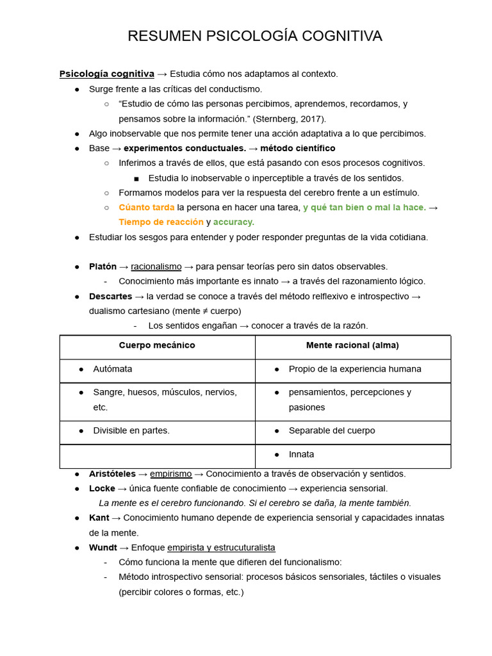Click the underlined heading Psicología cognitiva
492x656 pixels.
pyautogui.click(x=107, y=74)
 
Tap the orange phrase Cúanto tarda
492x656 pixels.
pyautogui.click(x=147, y=207)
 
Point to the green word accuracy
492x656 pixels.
pyautogui.click(x=234, y=222)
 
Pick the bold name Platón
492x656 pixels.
pyautogui.click(x=102, y=266)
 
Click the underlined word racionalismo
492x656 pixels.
pyautogui.click(x=156, y=266)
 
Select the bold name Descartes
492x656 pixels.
pyautogui.click(x=111, y=296)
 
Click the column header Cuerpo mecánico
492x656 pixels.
pyautogui.click(x=157, y=345)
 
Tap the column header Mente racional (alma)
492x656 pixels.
pyautogui.click(x=352, y=345)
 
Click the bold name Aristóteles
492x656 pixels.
pyautogui.click(x=112, y=473)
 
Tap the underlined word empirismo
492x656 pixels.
pyautogui.click(x=171, y=473)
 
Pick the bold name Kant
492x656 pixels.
pyautogui.click(x=99, y=518)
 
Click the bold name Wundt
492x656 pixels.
pyautogui.click(x=103, y=547)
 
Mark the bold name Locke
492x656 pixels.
pyautogui.click(x=102, y=488)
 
